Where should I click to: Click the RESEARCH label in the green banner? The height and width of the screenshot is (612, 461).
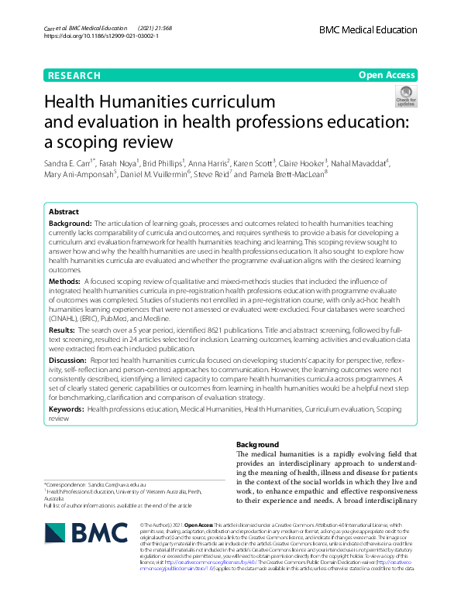click(74, 76)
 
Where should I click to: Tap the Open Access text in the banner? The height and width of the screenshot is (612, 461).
click(386, 76)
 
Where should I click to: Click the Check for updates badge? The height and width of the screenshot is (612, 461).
click(405, 96)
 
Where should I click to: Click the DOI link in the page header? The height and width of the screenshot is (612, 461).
click(101, 36)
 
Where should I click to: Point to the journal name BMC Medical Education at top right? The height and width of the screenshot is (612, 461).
click(369, 28)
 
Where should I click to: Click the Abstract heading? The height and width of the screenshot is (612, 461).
click(64, 211)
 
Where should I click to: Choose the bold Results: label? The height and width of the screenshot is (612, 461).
click(65, 330)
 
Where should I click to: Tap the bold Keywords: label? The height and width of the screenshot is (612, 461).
click(67, 407)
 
